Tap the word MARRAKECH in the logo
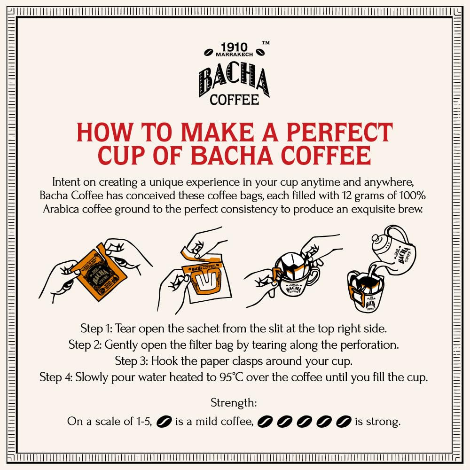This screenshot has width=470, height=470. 235,55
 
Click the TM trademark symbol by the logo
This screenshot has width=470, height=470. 266,43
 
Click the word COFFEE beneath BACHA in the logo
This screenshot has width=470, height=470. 235,100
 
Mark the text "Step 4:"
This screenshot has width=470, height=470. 56,377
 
